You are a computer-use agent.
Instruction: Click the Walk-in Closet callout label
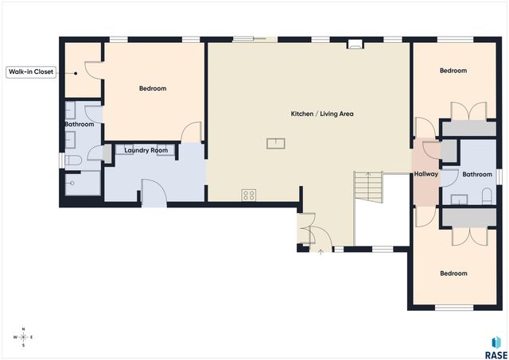pos(31,72)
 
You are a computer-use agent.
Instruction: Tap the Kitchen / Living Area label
pos(321,114)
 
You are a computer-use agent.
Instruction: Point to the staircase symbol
pos(370,187)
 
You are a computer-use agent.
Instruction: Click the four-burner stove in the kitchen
pos(249,195)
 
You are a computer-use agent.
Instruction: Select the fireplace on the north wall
pos(354,45)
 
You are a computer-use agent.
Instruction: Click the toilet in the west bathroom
pos(72,161)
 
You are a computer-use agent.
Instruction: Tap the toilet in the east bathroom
pos(486,195)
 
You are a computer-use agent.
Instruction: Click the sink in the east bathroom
pos(459,199)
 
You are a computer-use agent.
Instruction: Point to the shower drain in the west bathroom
pos(72,183)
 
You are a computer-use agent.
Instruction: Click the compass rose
pos(24,337)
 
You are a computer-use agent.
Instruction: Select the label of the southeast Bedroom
pos(453,273)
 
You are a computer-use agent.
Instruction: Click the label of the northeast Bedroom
pos(453,71)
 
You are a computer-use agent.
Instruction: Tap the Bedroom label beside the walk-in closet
pos(152,88)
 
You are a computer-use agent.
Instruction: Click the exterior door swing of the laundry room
pos(152,193)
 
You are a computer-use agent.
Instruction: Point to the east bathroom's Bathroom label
pos(477,174)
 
